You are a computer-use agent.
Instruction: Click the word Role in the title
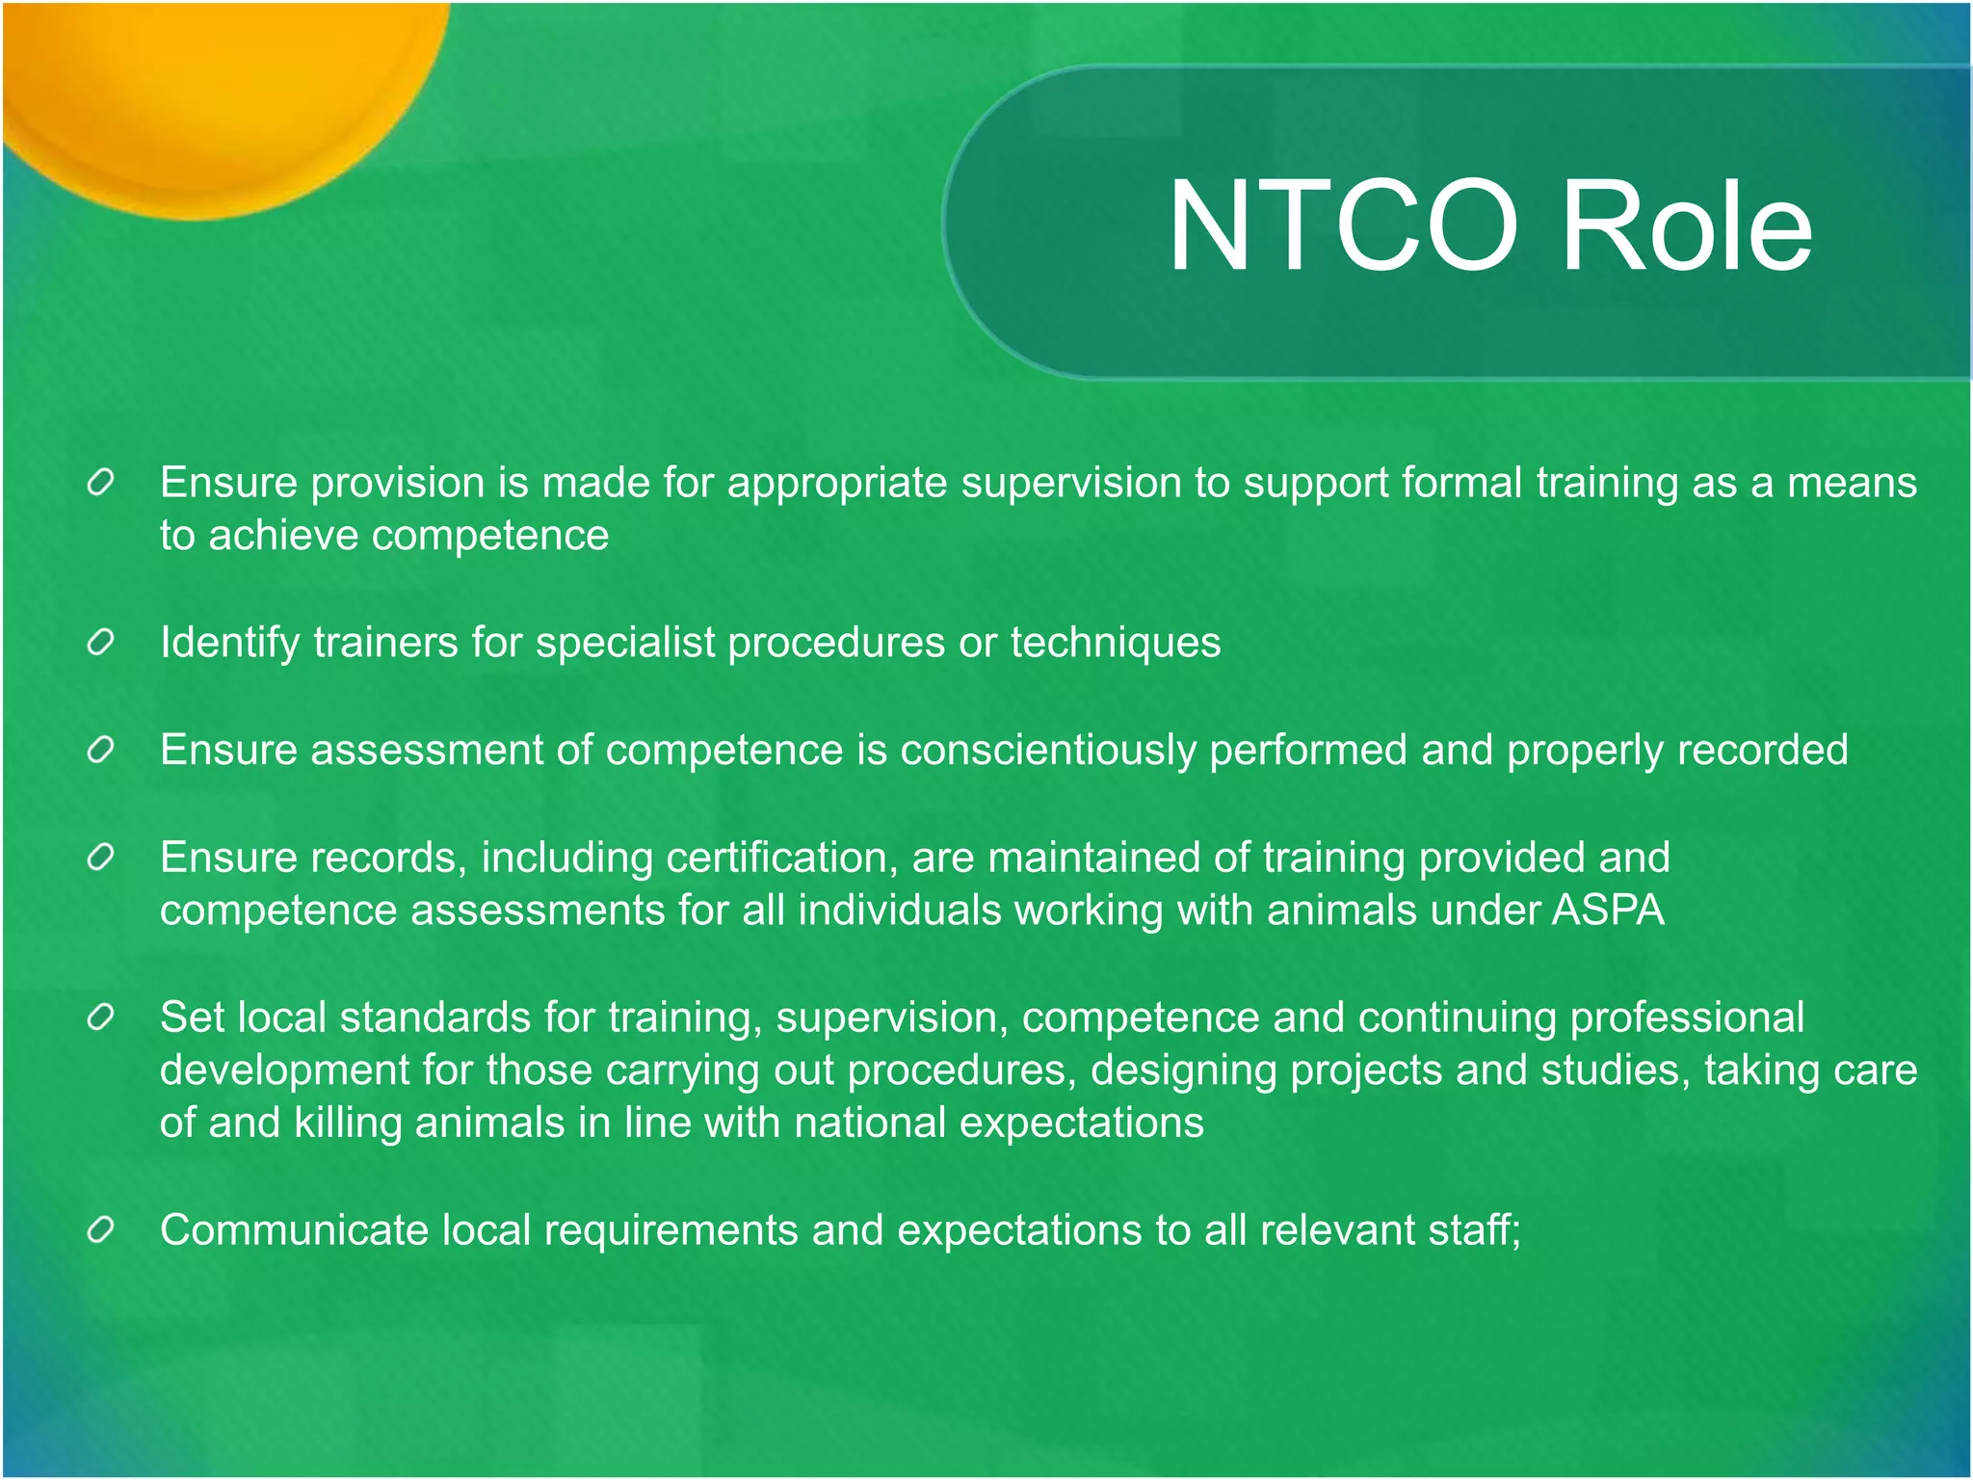1686,227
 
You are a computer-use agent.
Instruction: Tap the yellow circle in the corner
212,87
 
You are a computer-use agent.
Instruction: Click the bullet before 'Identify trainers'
101,642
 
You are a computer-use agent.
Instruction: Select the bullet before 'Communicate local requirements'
101,1229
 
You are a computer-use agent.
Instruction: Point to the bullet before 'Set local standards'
101,1017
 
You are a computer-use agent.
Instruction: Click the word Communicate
294,1230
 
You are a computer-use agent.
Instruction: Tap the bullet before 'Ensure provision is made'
101,482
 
